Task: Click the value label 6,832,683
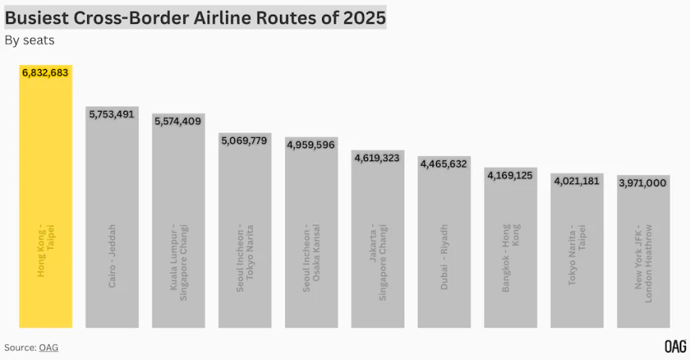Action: (x=46, y=73)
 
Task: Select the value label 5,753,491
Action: (x=112, y=114)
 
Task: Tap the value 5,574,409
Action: (x=178, y=121)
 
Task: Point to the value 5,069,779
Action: (x=245, y=141)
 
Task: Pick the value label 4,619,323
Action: (x=378, y=159)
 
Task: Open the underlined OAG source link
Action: (x=48, y=347)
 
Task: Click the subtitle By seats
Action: (x=29, y=40)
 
